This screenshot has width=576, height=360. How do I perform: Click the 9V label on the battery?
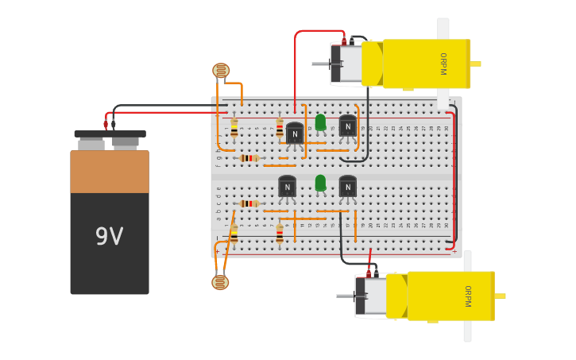point(110,236)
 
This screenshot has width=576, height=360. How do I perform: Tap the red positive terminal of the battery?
point(106,124)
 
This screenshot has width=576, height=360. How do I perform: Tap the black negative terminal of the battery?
point(114,124)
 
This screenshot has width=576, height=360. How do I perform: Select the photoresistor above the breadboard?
point(221,71)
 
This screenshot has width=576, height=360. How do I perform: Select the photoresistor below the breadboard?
point(220,282)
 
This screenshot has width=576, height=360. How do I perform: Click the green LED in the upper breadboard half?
point(320,122)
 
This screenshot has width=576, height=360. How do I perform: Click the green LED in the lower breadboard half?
point(320,184)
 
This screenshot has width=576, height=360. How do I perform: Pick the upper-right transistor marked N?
point(347,126)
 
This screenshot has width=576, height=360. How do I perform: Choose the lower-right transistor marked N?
point(347,187)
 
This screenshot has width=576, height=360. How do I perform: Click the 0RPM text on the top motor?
point(443,64)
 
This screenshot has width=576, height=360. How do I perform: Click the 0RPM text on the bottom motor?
point(468,296)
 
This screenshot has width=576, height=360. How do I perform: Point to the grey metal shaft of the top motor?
point(321,64)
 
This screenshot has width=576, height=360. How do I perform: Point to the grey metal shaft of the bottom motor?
point(346,296)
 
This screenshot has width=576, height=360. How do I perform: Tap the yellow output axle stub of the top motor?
point(476,64)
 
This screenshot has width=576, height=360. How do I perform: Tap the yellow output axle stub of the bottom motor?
point(501,296)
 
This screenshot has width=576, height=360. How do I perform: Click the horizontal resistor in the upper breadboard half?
point(249,158)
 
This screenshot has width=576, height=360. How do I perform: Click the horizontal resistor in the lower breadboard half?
point(249,203)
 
